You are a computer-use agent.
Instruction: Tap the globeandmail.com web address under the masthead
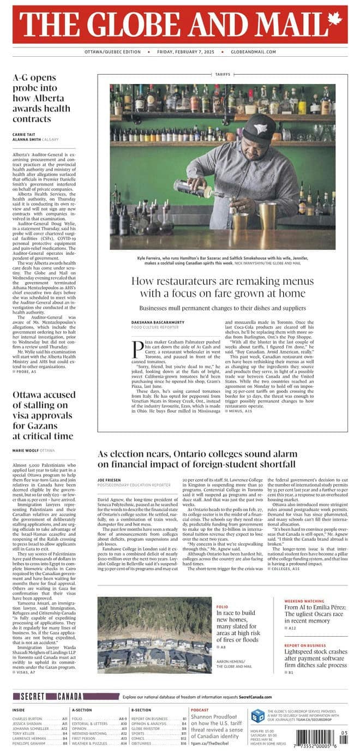click(x=253, y=52)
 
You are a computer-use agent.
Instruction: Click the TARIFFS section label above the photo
click(x=223, y=74)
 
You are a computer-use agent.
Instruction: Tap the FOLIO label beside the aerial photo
click(x=222, y=607)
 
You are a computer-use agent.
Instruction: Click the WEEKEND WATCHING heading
click(x=305, y=601)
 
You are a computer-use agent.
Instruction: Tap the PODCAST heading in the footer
click(x=200, y=710)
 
